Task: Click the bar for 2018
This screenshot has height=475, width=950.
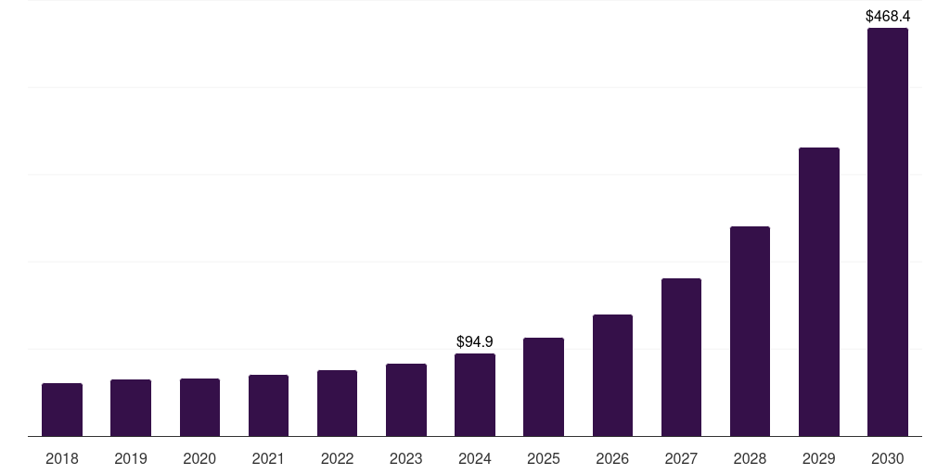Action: pyautogui.click(x=62, y=409)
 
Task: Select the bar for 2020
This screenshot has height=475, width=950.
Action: pyautogui.click(x=199, y=407)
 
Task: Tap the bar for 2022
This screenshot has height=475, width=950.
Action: pyautogui.click(x=337, y=403)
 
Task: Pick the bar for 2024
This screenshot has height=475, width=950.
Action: pyautogui.click(x=475, y=394)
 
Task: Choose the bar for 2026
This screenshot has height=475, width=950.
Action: pyautogui.click(x=612, y=375)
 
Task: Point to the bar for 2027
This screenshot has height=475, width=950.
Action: pyautogui.click(x=681, y=357)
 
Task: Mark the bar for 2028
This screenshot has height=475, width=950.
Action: pyautogui.click(x=750, y=331)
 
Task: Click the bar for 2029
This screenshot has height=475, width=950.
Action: pyautogui.click(x=819, y=291)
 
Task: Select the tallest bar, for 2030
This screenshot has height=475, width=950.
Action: pyautogui.click(x=888, y=232)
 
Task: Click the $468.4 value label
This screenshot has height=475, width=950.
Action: pyautogui.click(x=888, y=16)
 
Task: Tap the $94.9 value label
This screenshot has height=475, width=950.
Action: pyautogui.click(x=475, y=342)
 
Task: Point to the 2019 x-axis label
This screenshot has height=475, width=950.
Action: pyautogui.click(x=131, y=458)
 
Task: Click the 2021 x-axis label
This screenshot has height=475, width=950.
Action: pyautogui.click(x=268, y=458)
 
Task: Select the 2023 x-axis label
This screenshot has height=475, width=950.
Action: pyautogui.click(x=406, y=458)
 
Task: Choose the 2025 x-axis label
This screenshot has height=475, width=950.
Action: pyautogui.click(x=544, y=458)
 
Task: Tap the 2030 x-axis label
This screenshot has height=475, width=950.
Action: pyautogui.click(x=888, y=458)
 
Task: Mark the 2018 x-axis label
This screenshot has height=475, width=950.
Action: pyautogui.click(x=62, y=458)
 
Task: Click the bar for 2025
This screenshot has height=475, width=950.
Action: pyautogui.click(x=544, y=387)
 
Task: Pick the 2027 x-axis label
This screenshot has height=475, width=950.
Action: pyautogui.click(x=681, y=458)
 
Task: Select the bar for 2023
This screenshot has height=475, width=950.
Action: pyautogui.click(x=406, y=400)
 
